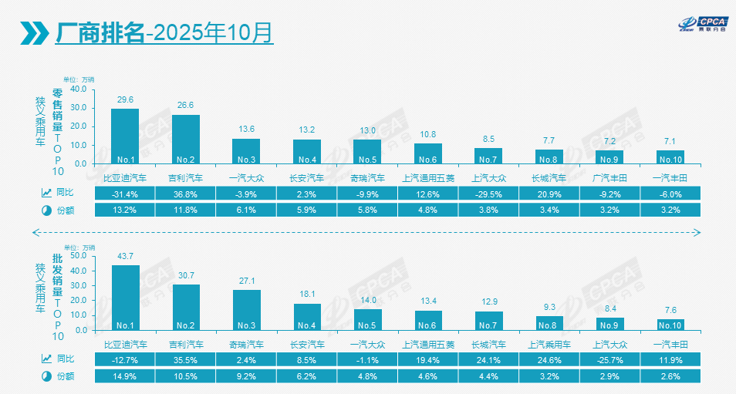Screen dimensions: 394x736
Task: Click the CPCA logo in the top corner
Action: (x=701, y=25)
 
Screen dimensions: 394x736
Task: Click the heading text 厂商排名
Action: (x=100, y=32)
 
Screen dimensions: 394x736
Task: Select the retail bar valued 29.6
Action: (x=125, y=136)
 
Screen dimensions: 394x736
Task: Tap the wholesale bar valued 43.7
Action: (x=125, y=297)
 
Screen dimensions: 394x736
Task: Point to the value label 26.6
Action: (x=186, y=105)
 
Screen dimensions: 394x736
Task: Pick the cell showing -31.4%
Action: (x=125, y=193)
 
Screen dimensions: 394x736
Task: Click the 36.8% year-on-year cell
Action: (x=186, y=193)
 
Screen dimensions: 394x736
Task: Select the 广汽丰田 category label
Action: (x=609, y=177)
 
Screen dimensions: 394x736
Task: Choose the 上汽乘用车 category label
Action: (x=549, y=344)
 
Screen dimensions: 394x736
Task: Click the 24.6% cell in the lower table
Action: (x=549, y=359)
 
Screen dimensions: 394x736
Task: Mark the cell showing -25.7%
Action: (x=609, y=359)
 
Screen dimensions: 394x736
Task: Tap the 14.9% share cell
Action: (x=125, y=376)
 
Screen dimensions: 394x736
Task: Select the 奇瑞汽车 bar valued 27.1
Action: (x=247, y=309)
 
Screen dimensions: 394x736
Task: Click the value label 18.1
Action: (x=307, y=294)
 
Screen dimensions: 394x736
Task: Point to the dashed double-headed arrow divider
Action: (x=367, y=231)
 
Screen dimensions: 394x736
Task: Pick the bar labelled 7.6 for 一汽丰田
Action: (x=670, y=324)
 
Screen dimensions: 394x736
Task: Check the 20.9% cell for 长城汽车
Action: (x=549, y=193)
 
